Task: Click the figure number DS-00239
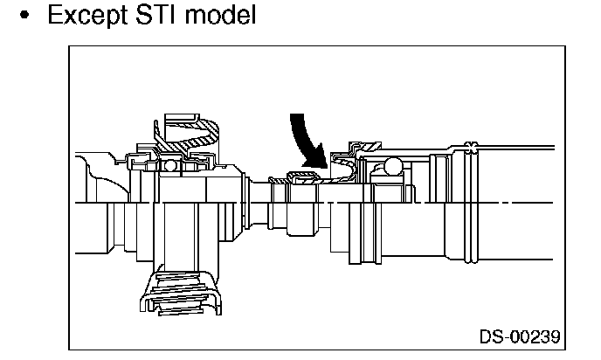519,336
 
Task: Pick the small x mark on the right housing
473,145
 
